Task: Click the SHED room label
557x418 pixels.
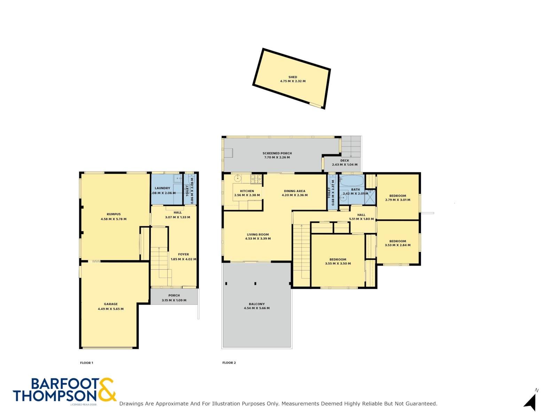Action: [292, 77]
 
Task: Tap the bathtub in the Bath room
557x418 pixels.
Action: [352, 181]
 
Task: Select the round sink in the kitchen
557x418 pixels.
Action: [237, 178]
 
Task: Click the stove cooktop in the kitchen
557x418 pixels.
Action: [256, 179]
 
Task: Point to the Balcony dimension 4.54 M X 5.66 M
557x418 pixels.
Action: [257, 308]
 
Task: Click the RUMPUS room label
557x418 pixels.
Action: [113, 214]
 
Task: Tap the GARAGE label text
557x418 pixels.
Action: [111, 304]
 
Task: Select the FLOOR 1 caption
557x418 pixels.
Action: [87, 363]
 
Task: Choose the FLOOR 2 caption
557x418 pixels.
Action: [229, 363]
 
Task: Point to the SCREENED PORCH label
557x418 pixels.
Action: [277, 153]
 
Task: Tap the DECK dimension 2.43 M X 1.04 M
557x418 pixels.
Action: [345, 164]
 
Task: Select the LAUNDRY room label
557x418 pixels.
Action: [163, 188]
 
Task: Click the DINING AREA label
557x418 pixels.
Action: [295, 191]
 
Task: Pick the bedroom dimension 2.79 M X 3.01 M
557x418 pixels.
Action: [398, 200]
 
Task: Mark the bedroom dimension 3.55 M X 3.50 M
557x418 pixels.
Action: [338, 263]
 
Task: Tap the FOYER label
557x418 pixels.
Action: [183, 254]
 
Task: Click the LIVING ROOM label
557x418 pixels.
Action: [258, 234]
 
